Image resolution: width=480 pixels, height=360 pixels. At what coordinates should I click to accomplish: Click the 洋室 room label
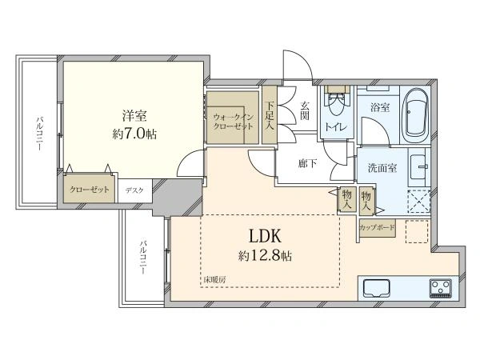pyautogui.click(x=134, y=116)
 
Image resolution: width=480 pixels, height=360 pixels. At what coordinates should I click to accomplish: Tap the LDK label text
pyautogui.click(x=265, y=236)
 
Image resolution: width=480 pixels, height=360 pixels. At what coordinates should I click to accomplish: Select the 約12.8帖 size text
pyautogui.click(x=265, y=255)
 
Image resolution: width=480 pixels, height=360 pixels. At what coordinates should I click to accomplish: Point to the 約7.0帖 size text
pyautogui.click(x=134, y=134)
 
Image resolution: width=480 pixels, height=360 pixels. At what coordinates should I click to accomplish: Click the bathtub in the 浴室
pyautogui.click(x=414, y=115)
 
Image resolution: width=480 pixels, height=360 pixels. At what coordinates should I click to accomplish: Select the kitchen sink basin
pyautogui.click(x=377, y=288)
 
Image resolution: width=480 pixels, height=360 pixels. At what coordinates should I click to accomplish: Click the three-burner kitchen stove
pyautogui.click(x=440, y=288)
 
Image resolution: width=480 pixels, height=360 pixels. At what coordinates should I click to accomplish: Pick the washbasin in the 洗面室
pyautogui.click(x=418, y=167)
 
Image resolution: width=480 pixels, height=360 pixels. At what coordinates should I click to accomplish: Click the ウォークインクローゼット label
pyautogui.click(x=234, y=122)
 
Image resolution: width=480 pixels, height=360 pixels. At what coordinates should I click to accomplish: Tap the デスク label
pyautogui.click(x=134, y=190)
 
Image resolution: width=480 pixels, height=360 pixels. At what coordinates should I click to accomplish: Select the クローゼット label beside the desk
pyautogui.click(x=90, y=190)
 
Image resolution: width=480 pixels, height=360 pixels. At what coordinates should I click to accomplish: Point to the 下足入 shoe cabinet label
pyautogui.click(x=270, y=116)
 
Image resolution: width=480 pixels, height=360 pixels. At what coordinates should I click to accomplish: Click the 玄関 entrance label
pyautogui.click(x=304, y=110)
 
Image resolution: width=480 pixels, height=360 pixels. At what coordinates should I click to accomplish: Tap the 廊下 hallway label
pyautogui.click(x=308, y=163)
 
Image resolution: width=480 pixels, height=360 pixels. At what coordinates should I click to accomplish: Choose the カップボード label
pyautogui.click(x=377, y=227)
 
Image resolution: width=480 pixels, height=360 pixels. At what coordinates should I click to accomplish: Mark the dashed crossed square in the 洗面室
pyautogui.click(x=418, y=202)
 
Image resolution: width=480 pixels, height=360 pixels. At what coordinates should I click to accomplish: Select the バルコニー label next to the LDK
pyautogui.click(x=142, y=257)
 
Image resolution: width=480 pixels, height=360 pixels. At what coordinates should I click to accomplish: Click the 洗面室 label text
pyautogui.click(x=382, y=168)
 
